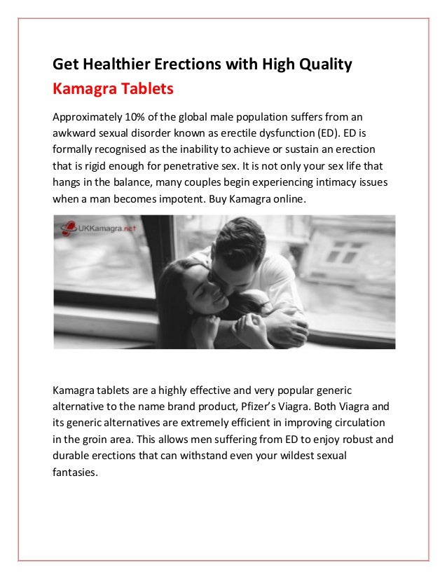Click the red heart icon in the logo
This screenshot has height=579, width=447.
click(x=69, y=228)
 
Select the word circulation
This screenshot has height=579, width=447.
click(x=359, y=423)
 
